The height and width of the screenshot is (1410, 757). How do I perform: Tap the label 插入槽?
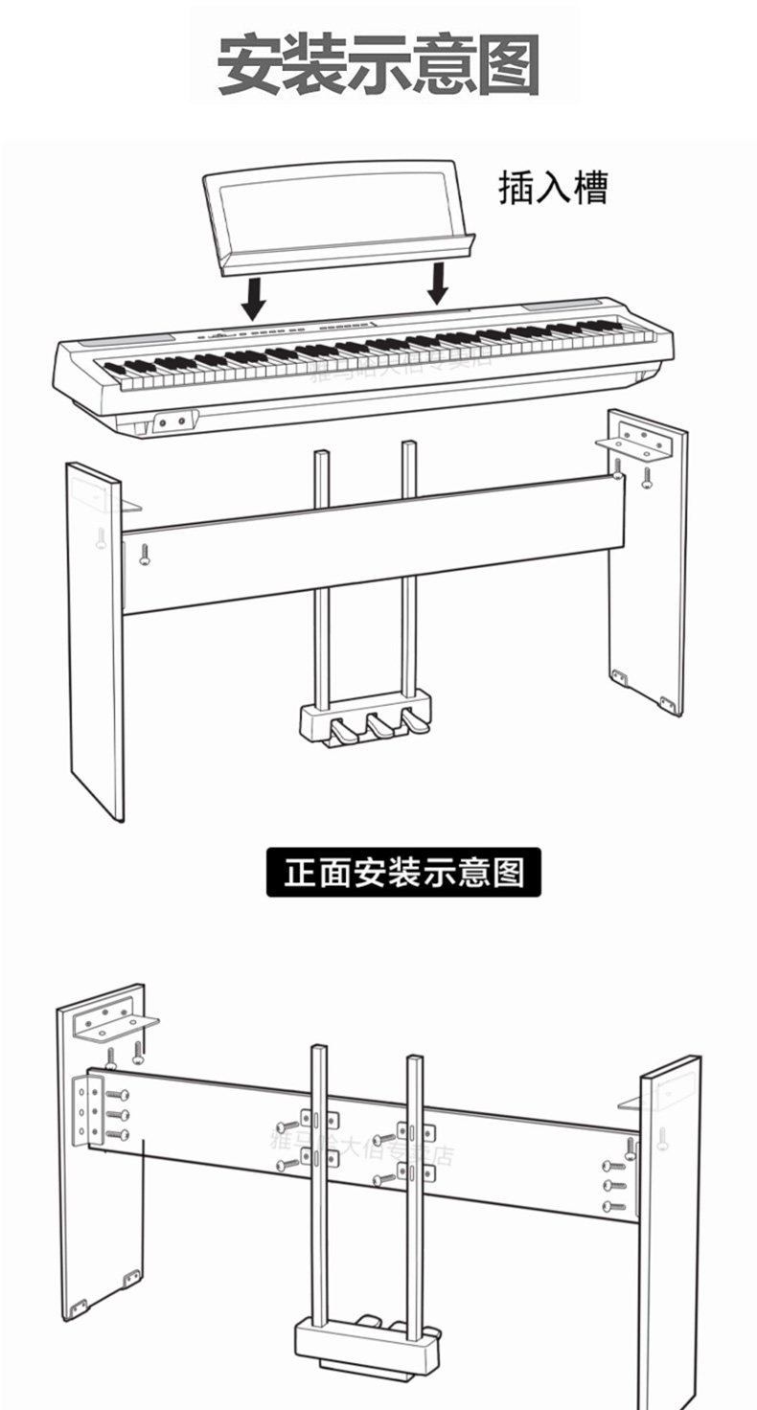(x=553, y=188)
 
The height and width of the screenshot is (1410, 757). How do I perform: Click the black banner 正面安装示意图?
(x=403, y=873)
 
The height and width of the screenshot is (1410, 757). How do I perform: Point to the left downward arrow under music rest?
(x=253, y=297)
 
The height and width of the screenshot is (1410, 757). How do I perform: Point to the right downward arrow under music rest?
(x=439, y=282)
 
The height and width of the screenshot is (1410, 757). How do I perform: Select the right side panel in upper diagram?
(x=648, y=575)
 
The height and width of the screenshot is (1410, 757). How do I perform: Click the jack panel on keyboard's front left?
(x=172, y=421)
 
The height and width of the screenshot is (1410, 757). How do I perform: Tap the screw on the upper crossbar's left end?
(x=145, y=554)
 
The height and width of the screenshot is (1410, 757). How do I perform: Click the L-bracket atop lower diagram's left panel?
(x=115, y=1020)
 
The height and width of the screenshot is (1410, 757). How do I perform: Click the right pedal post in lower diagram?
(x=414, y=1197)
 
